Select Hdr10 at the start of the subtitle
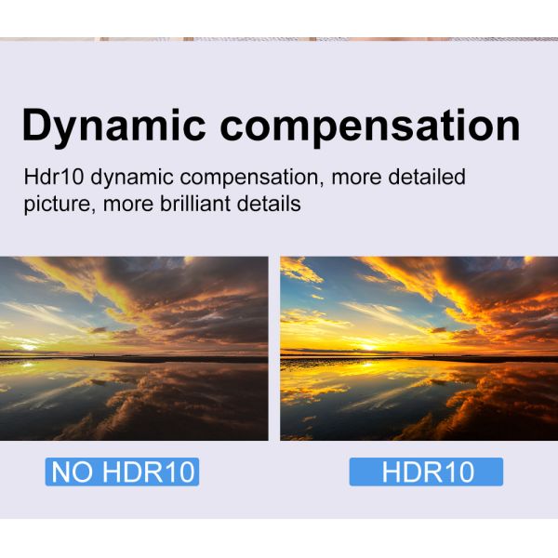pos(53,177)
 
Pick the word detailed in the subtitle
pos(426,177)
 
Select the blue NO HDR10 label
pos(122,472)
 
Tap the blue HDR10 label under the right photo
pos(426,472)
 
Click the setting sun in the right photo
pos(367,346)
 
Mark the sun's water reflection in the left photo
pos(27,364)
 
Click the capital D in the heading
pos(38,125)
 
